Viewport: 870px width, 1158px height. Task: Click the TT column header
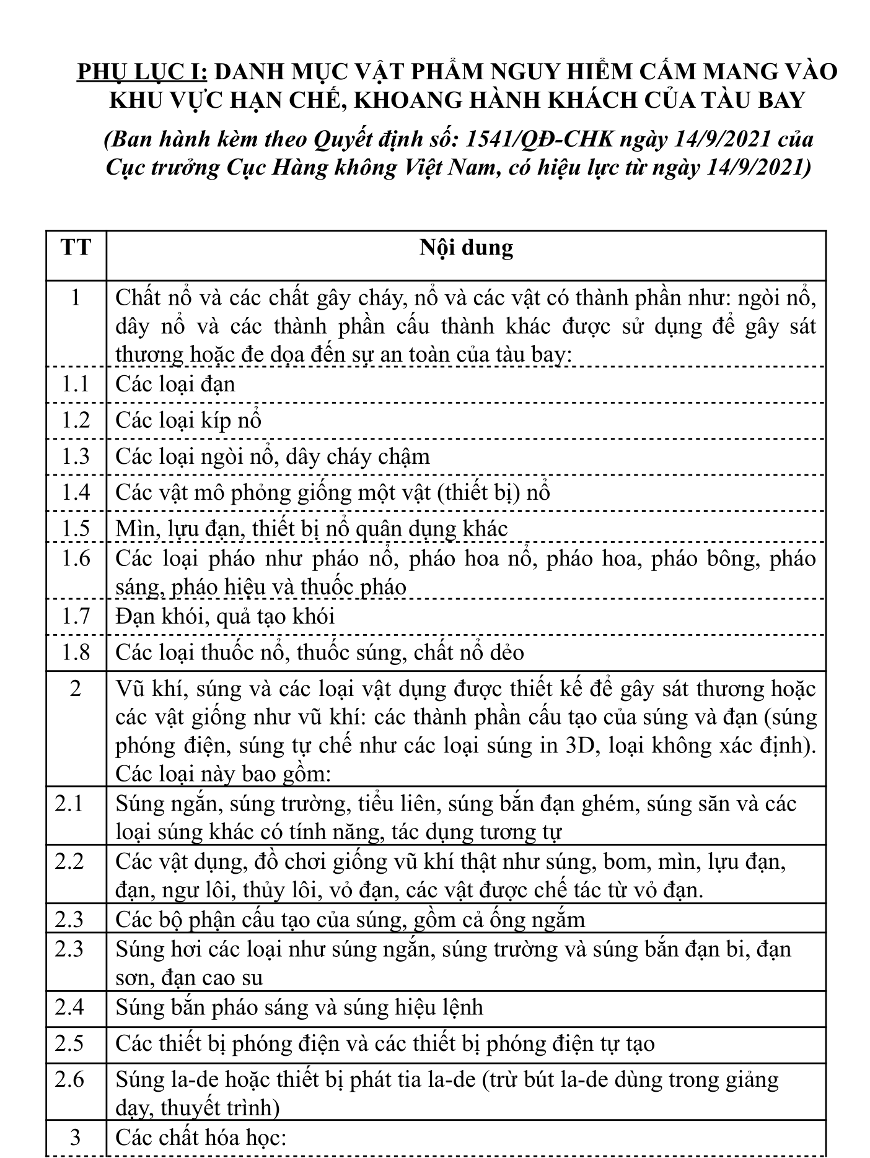(76, 248)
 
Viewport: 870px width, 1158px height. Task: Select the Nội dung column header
(466, 248)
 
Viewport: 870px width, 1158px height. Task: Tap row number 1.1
(76, 385)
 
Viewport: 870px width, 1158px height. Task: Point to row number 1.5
(76, 529)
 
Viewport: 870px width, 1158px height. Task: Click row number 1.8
(76, 653)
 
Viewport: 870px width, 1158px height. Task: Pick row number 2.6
(69, 1079)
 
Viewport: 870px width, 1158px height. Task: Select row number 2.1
(69, 804)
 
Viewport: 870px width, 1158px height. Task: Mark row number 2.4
(69, 1008)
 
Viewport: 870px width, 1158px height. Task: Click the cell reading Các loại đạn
(175, 385)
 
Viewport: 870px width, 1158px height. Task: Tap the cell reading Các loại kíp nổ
(188, 420)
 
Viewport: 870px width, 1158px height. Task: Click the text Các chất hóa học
(200, 1138)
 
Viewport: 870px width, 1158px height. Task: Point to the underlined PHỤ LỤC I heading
(143, 72)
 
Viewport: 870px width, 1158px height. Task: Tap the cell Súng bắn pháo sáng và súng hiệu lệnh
(299, 1008)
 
